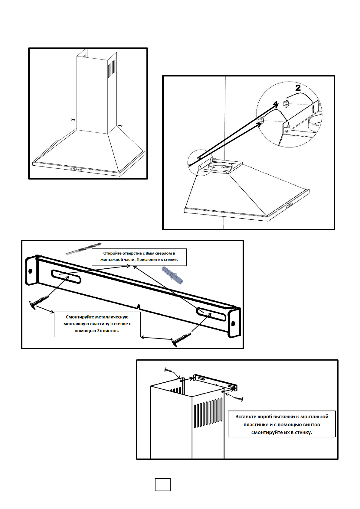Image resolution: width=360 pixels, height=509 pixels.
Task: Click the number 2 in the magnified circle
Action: point(298,88)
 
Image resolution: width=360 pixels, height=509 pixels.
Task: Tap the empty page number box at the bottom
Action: point(163,485)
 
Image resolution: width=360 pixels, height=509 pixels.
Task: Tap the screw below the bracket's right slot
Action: point(181,339)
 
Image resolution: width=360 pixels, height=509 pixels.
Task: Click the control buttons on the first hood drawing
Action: point(76,170)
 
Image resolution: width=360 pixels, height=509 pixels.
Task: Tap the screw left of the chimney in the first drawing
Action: point(73,120)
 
